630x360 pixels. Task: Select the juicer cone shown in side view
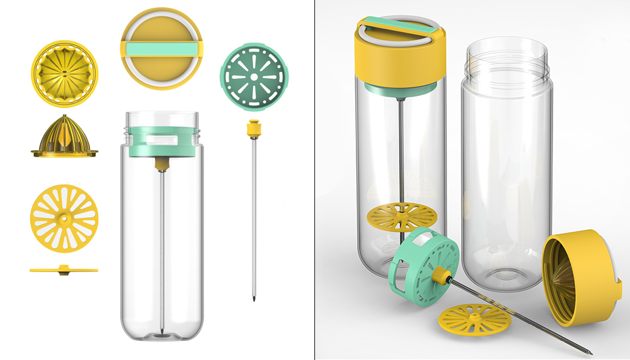(x=64, y=137)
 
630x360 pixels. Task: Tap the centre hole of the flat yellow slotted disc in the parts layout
(x=64, y=217)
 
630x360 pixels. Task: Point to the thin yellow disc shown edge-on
(x=64, y=270)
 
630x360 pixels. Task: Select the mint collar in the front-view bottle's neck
(x=162, y=142)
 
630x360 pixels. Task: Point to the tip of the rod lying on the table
(x=592, y=353)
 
